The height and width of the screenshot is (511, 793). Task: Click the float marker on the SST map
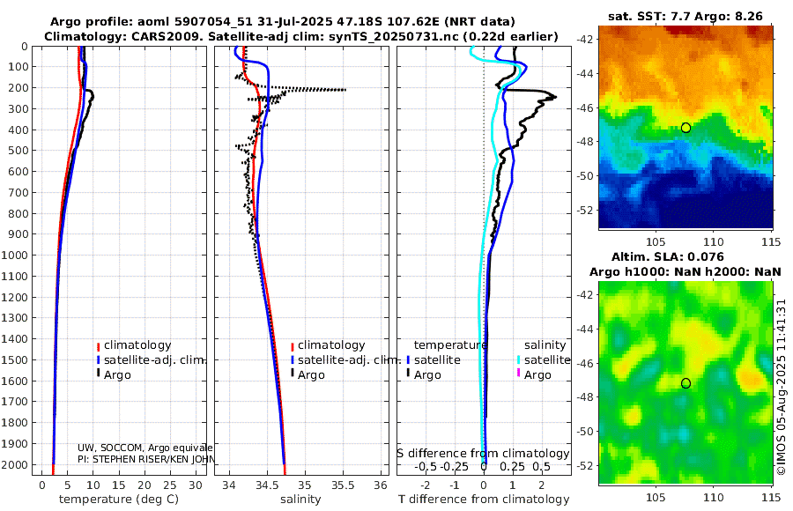coord(686,128)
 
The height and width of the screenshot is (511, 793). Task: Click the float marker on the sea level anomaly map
coord(686,383)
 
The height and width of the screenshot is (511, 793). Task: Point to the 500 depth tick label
coord(19,151)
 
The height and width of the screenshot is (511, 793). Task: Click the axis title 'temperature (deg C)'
coord(118,500)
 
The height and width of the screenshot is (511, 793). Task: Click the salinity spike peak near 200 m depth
coord(345,89)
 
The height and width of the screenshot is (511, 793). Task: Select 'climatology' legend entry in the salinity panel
coord(330,345)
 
